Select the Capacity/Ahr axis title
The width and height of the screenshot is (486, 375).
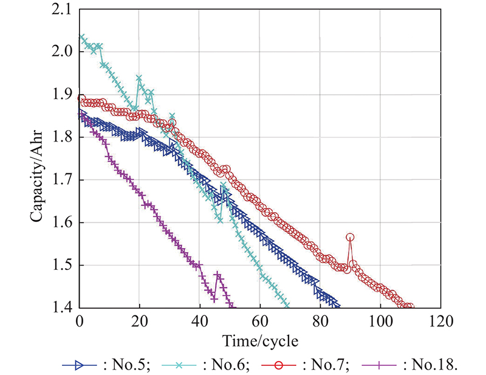pyautogui.click(x=38, y=159)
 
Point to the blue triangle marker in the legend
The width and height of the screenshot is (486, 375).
pyautogui.click(x=78, y=365)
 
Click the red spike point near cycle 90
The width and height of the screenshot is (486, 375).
pyautogui.click(x=350, y=237)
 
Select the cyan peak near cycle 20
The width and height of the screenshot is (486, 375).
pyautogui.click(x=140, y=78)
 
